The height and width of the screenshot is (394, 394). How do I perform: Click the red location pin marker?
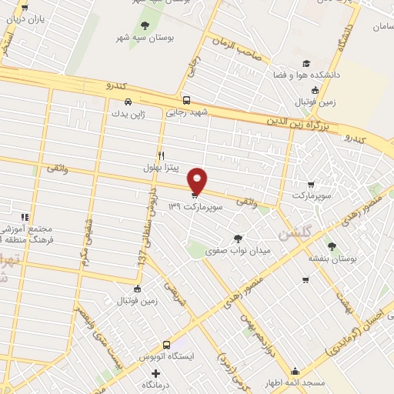click(198, 180)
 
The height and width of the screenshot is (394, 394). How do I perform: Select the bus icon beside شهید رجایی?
click(186, 100)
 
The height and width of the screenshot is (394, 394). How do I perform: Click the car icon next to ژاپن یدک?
click(128, 102)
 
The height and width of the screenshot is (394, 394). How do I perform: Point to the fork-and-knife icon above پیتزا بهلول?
click(161, 155)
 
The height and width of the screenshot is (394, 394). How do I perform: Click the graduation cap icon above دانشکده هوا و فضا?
click(306, 63)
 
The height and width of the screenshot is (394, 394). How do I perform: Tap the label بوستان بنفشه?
click(332, 259)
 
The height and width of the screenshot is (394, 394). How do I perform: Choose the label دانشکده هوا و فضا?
click(306, 76)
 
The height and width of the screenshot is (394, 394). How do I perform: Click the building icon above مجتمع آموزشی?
click(26, 219)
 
